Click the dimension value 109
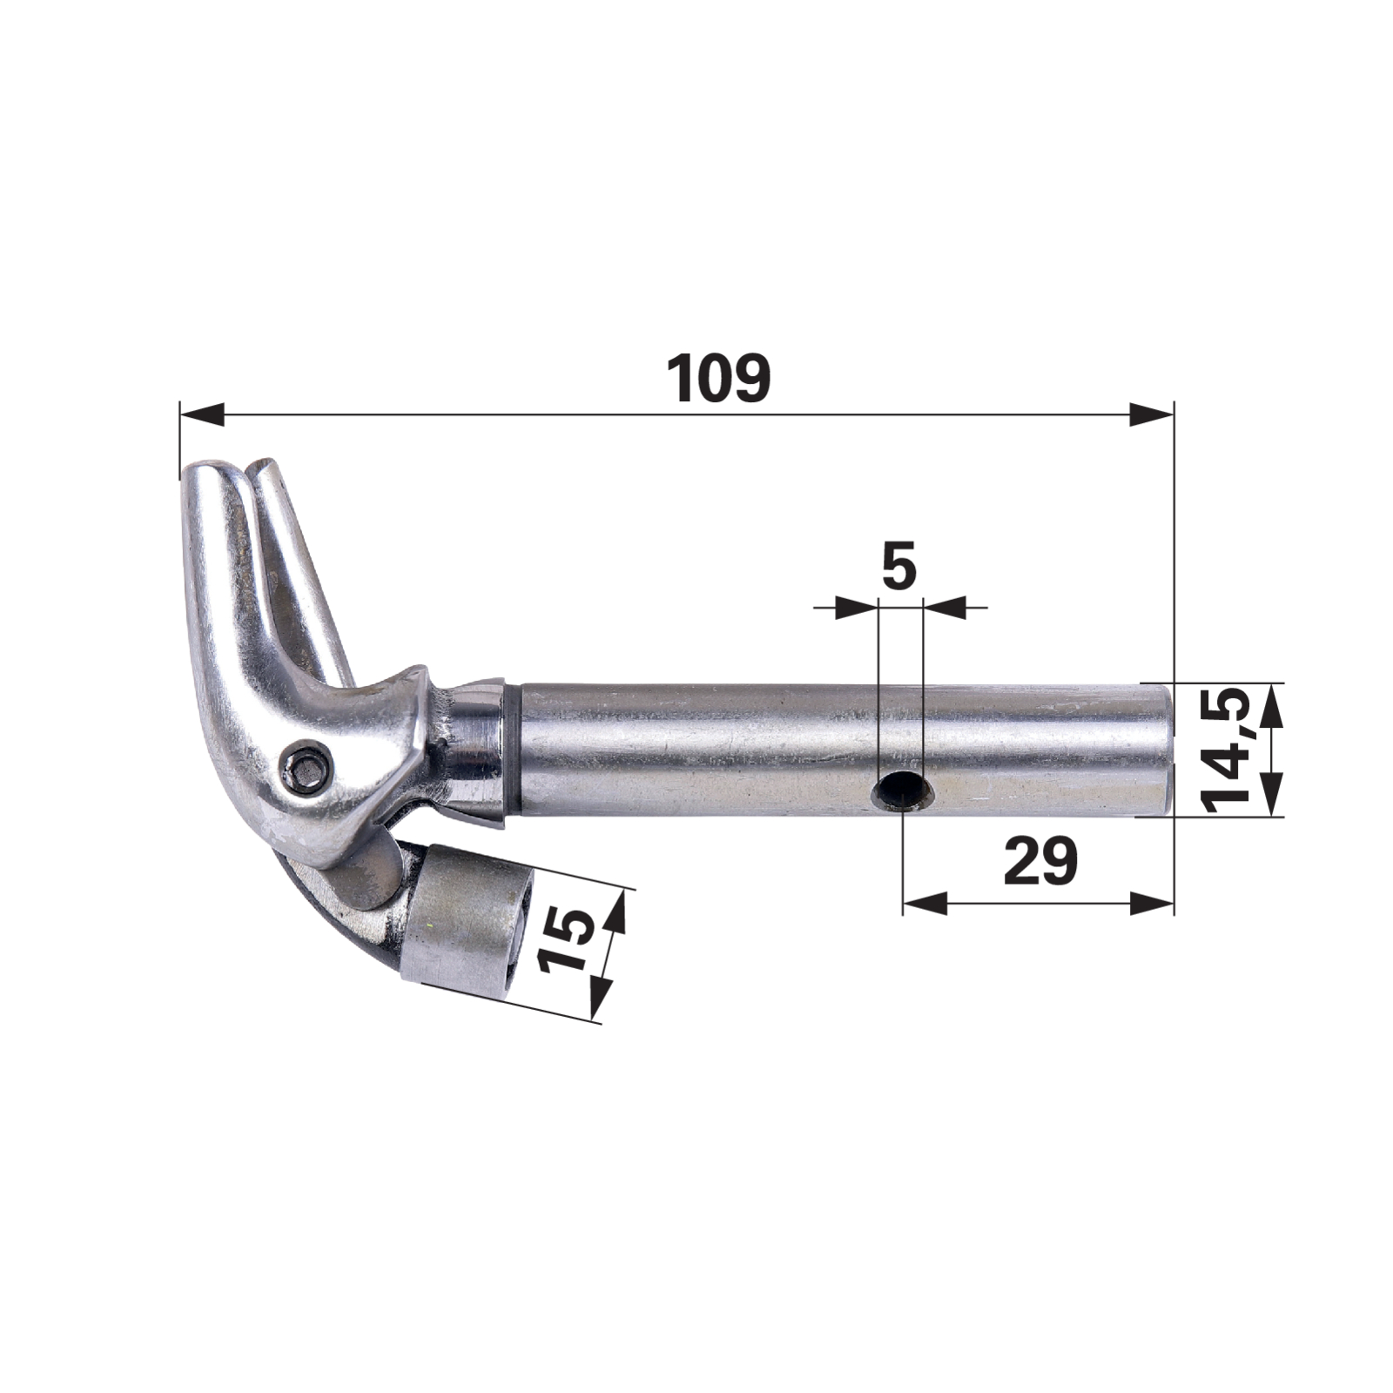coord(718,379)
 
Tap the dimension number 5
coord(899,566)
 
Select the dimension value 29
coord(1040,861)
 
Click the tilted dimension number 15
coord(566,939)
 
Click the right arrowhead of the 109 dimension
coord(1151,414)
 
